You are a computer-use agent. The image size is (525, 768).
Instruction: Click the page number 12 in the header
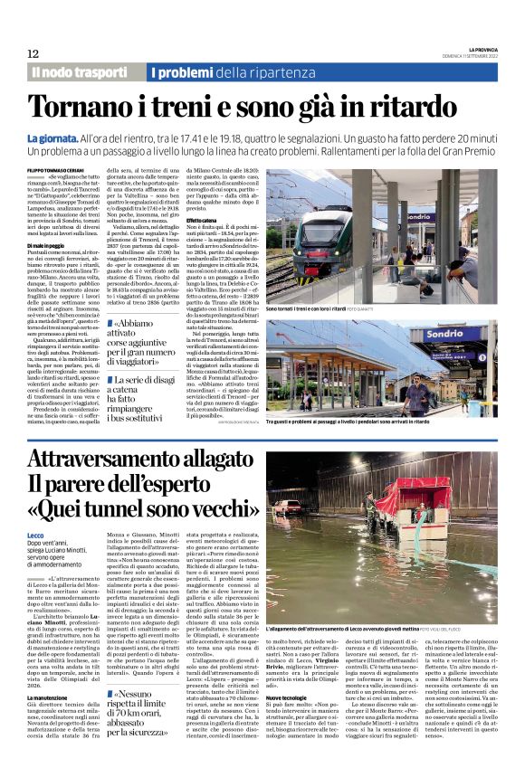coord(32,54)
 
